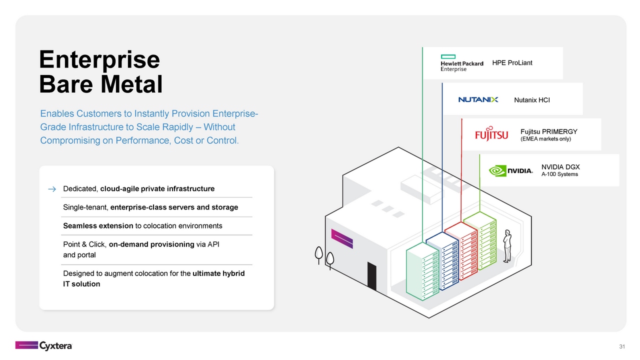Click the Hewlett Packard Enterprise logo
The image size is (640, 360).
461,63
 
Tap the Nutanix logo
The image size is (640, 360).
478,100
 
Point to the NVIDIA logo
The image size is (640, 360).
510,170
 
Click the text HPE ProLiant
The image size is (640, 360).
512,63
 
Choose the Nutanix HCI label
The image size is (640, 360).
531,100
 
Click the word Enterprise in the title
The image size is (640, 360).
99,59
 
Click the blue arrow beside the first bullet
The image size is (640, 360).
51,189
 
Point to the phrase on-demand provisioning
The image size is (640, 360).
151,244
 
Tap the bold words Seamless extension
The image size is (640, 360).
98,226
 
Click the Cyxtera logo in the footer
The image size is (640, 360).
43,345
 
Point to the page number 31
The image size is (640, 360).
622,347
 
